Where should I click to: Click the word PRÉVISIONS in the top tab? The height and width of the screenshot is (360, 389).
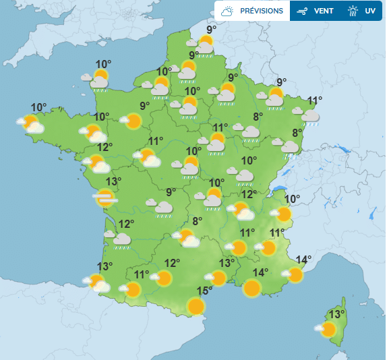click(x=261, y=11)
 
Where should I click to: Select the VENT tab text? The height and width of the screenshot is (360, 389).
click(x=325, y=11)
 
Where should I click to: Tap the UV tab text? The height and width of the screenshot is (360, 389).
click(x=370, y=11)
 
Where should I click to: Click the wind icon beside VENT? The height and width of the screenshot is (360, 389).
click(x=302, y=11)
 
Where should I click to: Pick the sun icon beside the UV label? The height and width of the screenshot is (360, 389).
click(x=353, y=11)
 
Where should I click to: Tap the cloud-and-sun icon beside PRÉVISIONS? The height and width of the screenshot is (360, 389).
click(x=228, y=11)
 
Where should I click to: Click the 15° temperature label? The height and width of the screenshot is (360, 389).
click(x=204, y=291)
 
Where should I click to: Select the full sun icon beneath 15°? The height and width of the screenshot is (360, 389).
click(x=196, y=307)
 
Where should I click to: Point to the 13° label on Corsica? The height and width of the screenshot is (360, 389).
click(x=336, y=314)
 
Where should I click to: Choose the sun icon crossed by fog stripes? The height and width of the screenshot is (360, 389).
click(x=104, y=198)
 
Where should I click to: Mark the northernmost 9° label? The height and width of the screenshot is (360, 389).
click(x=212, y=29)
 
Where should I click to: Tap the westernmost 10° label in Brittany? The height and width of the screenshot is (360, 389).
click(x=38, y=107)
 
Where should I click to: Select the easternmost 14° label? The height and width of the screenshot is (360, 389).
click(x=304, y=260)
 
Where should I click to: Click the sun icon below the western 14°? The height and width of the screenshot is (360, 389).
click(x=252, y=289)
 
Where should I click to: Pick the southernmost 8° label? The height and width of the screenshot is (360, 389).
click(x=198, y=220)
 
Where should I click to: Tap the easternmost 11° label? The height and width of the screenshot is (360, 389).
click(x=315, y=101)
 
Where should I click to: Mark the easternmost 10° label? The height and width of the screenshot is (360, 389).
click(x=292, y=199)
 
